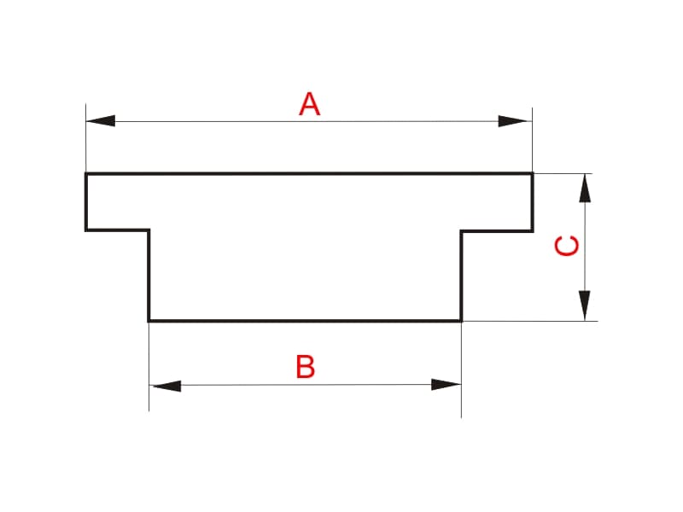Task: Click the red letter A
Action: pos(309,104)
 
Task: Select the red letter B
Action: pos(306,367)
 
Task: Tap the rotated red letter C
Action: pos(567,246)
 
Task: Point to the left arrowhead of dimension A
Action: pos(101,121)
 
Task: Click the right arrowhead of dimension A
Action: pos(513,121)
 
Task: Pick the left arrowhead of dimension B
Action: pos(166,386)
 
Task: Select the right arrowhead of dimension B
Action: pos(446,385)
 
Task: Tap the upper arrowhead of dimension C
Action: pos(585,188)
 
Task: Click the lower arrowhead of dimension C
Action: pos(585,305)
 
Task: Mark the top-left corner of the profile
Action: pos(86,174)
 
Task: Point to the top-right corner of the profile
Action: pos(532,174)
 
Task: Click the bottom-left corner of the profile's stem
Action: pos(149,321)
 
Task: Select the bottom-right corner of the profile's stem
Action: pos(461,321)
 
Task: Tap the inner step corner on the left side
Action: pos(149,230)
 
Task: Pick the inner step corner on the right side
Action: pos(461,230)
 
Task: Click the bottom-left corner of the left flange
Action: pos(86,230)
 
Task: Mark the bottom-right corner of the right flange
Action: pos(532,230)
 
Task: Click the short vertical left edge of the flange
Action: pos(86,201)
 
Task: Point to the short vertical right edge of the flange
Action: pos(532,202)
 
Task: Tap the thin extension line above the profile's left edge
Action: pos(86,138)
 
